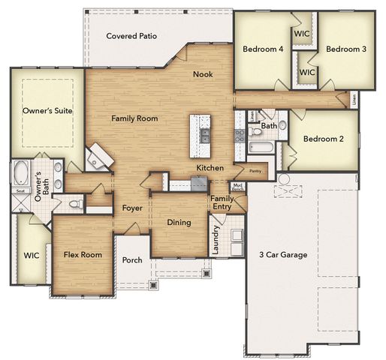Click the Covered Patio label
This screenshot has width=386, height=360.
[x=131, y=36]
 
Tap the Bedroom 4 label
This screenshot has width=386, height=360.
[x=263, y=49]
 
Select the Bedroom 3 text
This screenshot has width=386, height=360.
[x=346, y=49]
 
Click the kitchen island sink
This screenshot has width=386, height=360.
[x=204, y=135]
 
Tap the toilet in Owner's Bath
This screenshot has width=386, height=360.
[x=75, y=202]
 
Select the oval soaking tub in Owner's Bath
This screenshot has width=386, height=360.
[x=19, y=172]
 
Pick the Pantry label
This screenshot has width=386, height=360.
[x=255, y=171]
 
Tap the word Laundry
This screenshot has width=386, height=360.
[x=216, y=240]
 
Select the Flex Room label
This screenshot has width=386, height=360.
[x=83, y=255]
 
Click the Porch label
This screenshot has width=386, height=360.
[x=133, y=260]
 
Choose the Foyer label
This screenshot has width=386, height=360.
[x=133, y=208]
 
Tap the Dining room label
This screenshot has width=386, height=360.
[x=179, y=223]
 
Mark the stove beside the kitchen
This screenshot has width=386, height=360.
[x=240, y=135]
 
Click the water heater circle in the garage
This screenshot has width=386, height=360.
[x=284, y=178]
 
